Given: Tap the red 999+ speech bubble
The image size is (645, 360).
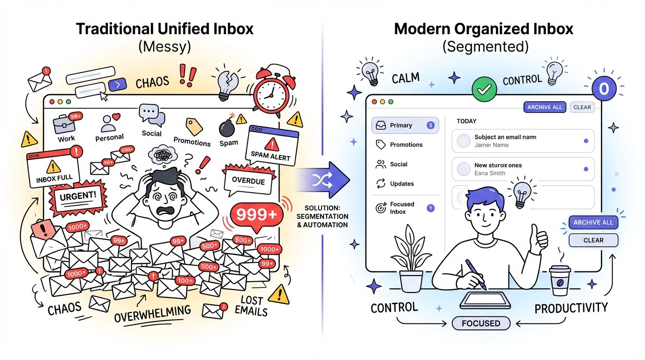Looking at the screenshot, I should click(256, 215).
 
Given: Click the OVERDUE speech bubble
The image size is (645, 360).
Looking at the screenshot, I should click(248, 181).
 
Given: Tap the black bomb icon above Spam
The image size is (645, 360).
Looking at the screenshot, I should click(228, 127).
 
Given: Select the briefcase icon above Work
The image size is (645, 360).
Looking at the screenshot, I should click(64, 124).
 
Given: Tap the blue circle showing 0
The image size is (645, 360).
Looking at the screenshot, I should click(604, 89).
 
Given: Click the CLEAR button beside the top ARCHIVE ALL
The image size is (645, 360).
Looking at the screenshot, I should click(582, 107).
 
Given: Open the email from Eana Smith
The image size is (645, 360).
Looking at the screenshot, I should click(523, 169).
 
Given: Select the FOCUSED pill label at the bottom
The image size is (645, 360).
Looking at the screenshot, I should click(480, 323).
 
